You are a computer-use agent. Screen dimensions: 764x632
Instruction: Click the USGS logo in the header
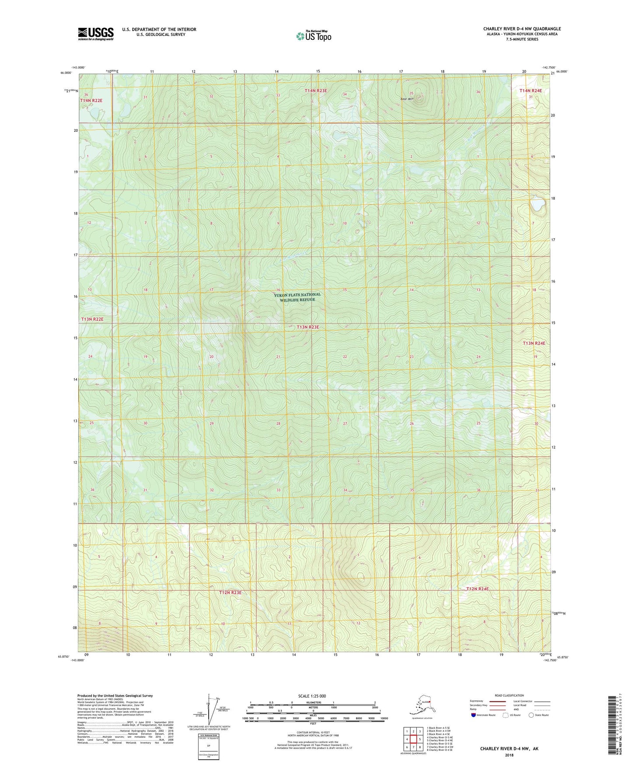(96, 34)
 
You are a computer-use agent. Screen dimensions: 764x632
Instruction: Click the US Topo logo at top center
(313, 36)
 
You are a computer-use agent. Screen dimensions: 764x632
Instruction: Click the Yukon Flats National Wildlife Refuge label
(297, 297)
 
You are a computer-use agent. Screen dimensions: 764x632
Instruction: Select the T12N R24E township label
(477, 589)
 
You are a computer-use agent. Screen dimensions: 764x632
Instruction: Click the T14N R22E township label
(91, 101)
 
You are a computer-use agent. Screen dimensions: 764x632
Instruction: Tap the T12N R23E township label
(230, 592)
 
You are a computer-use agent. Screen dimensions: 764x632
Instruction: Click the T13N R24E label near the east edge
(534, 343)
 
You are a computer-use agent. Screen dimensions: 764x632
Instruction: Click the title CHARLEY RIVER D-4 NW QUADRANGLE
(522, 29)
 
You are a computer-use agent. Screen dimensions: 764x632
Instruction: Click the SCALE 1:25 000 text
(312, 696)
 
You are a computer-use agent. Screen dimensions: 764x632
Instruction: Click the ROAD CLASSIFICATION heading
(509, 695)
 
